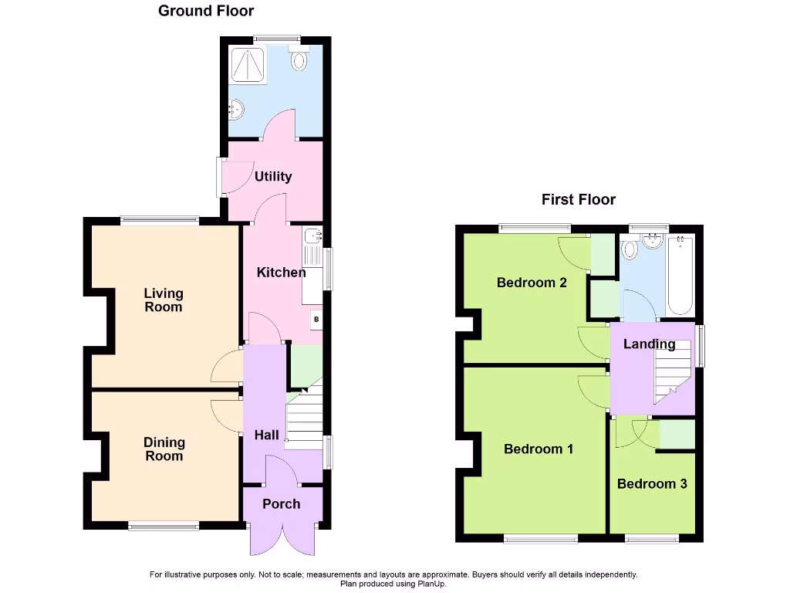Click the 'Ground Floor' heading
(x=206, y=11)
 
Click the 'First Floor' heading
(x=578, y=200)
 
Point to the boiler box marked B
(x=316, y=319)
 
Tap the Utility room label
(x=273, y=177)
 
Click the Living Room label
(x=164, y=300)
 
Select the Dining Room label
(x=164, y=449)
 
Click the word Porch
(x=282, y=504)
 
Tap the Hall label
(x=267, y=435)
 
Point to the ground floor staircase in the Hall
(x=304, y=421)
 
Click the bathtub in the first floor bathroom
(x=680, y=275)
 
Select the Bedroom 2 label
(x=532, y=283)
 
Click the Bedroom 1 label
(x=538, y=449)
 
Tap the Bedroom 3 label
(x=652, y=484)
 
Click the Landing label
(x=649, y=344)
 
